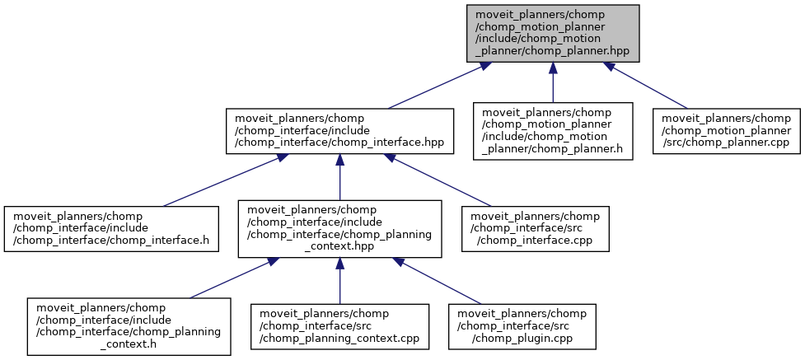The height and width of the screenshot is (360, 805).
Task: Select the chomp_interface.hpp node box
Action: [x=339, y=130]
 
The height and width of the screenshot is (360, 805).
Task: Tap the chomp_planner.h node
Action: [x=552, y=130]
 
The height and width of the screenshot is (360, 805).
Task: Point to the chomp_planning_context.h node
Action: [x=128, y=325]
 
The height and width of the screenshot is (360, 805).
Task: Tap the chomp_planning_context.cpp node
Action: [x=340, y=325]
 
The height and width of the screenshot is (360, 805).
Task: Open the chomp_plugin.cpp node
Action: [x=521, y=325]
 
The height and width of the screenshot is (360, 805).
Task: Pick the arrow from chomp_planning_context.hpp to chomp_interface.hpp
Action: [x=339, y=177]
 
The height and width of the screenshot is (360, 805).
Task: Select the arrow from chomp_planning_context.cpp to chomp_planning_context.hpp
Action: [x=339, y=280]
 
